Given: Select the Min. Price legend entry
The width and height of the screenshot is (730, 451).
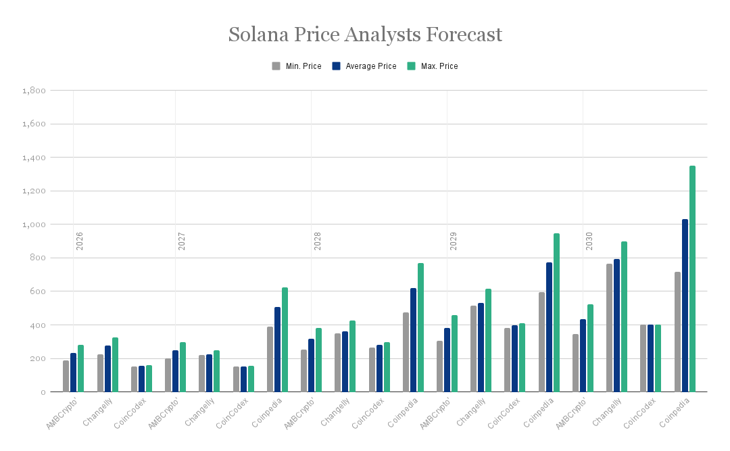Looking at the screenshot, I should coord(297,66).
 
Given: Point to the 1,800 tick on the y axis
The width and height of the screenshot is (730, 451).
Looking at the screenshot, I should coord(34,91).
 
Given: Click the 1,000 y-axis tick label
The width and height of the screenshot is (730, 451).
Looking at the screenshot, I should coord(34,224).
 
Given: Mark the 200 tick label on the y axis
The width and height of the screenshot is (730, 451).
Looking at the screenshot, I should coord(38,358).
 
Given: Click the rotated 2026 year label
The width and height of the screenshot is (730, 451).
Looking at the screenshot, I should coord(80,241).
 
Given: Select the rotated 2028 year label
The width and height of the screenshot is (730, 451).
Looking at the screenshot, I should coord(318,241).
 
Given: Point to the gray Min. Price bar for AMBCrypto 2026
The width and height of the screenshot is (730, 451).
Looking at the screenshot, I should coord(66,376).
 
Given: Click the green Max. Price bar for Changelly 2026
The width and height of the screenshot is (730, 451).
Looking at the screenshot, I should coord(115,364).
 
